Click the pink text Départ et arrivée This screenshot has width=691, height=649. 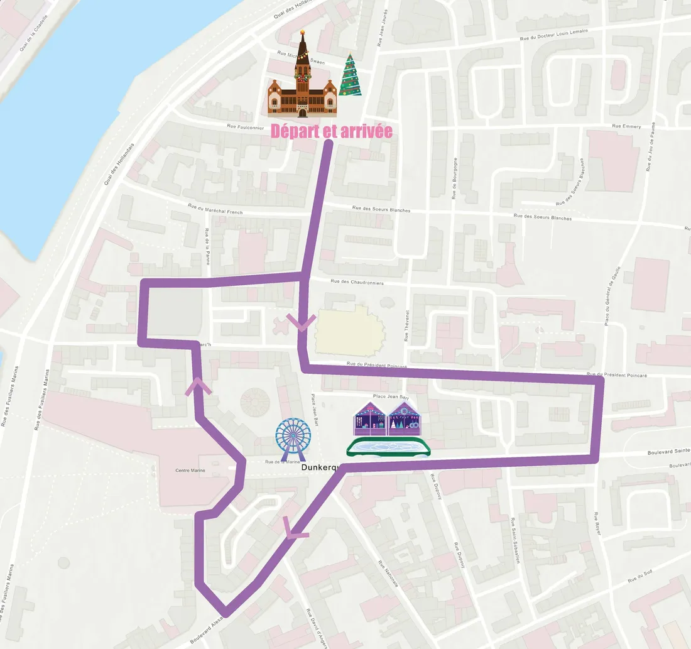click(x=331, y=131)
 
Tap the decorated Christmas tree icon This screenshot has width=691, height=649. click(x=350, y=75)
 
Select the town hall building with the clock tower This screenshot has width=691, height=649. click(x=302, y=82)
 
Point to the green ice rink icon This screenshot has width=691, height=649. click(x=388, y=447)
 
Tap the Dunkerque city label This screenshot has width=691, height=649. click(x=320, y=467)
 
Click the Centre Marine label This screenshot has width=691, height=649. click(x=191, y=471)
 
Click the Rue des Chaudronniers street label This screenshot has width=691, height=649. click(x=347, y=282)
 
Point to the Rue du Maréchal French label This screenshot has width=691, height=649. click(x=215, y=209)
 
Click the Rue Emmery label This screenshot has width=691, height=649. click(x=626, y=126)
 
